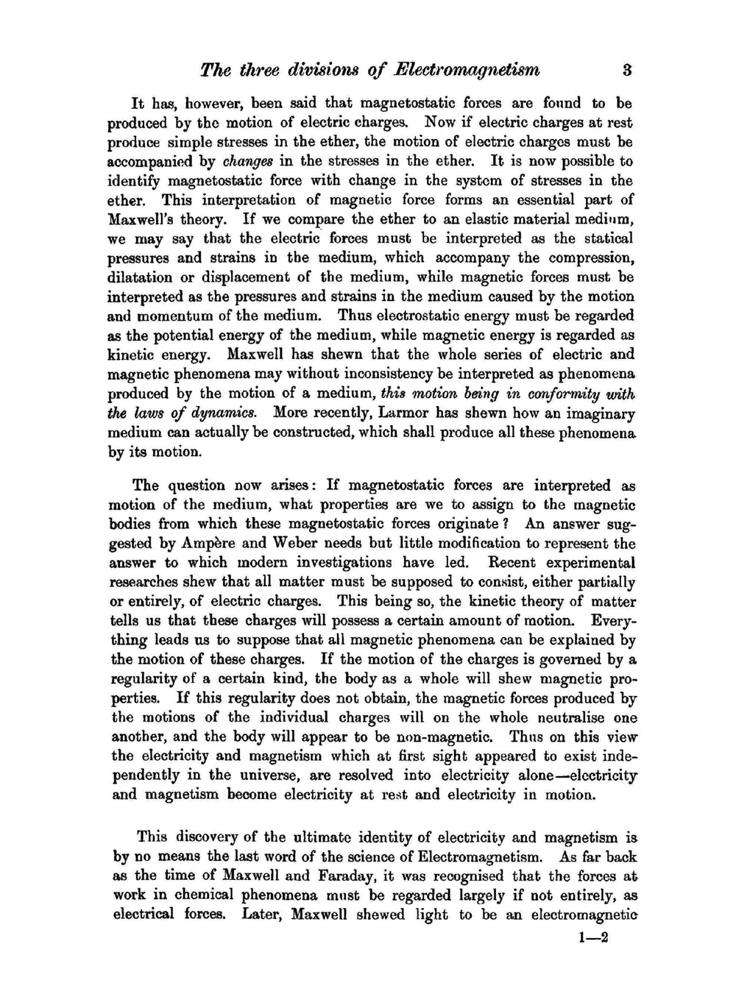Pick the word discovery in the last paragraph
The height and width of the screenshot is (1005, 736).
208,837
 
